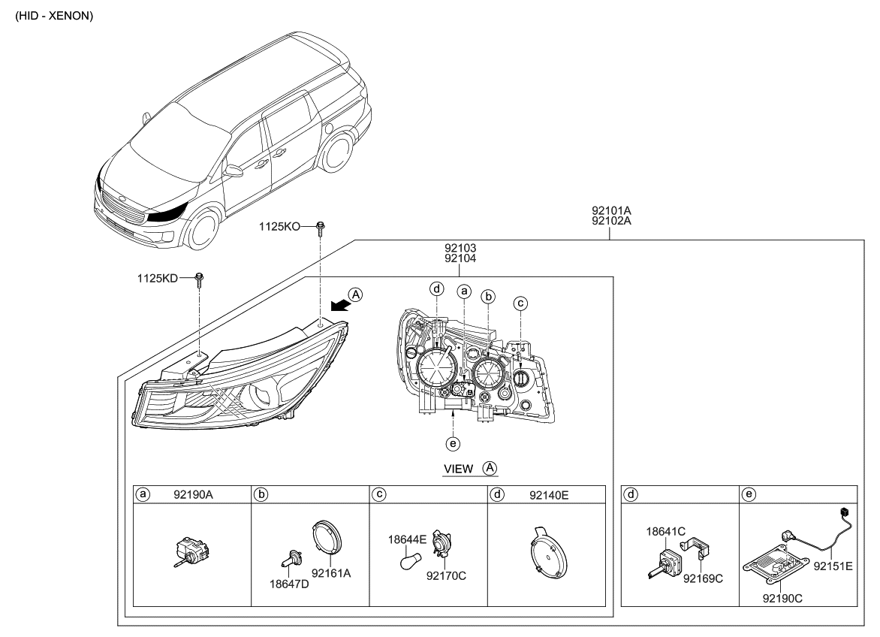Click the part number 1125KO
click(x=280, y=225)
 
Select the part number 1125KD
click(x=156, y=279)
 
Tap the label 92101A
click(x=610, y=211)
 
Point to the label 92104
click(x=460, y=258)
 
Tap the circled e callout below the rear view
click(x=452, y=444)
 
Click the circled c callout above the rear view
click(x=520, y=303)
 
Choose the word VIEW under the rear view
click(x=459, y=469)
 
